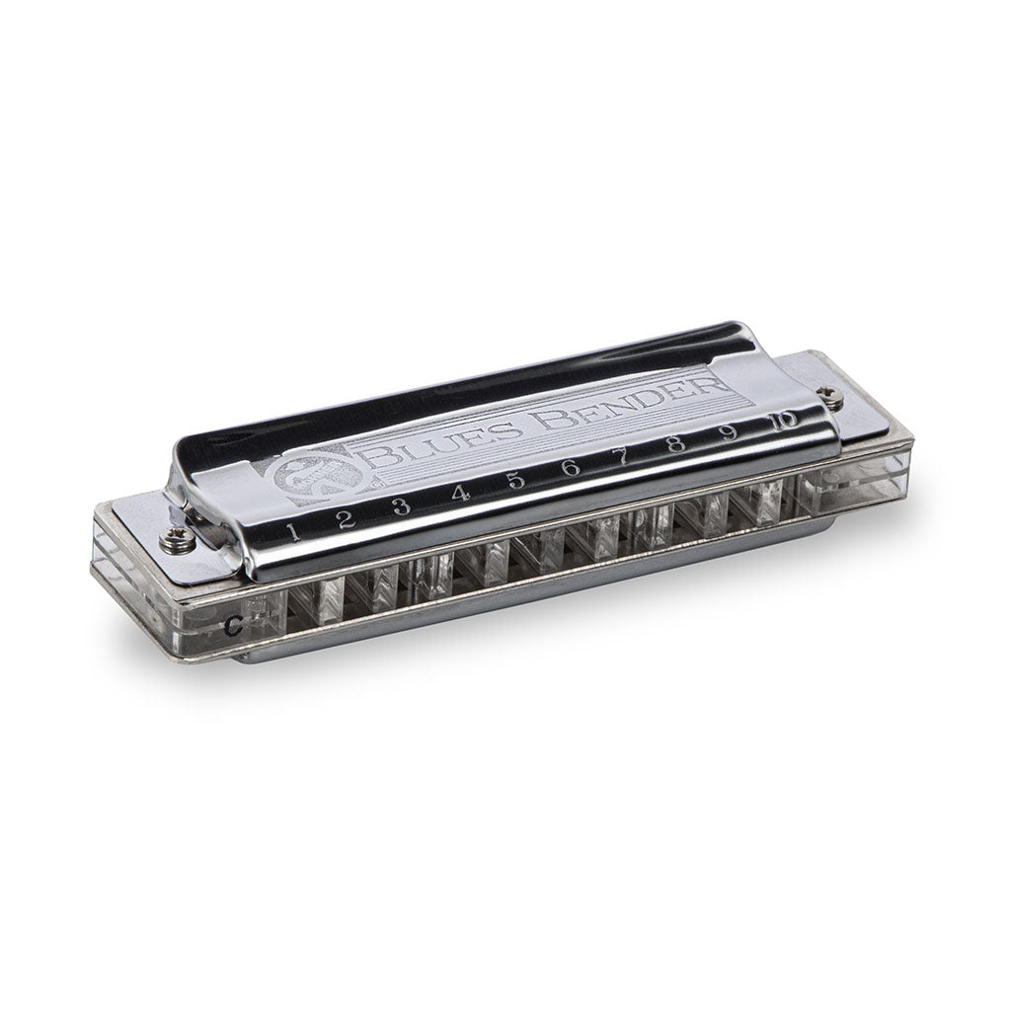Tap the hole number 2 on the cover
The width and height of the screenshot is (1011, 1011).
pos(346,521)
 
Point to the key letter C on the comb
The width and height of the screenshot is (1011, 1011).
pos(230,623)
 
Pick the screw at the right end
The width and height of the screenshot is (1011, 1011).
pos(834,397)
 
